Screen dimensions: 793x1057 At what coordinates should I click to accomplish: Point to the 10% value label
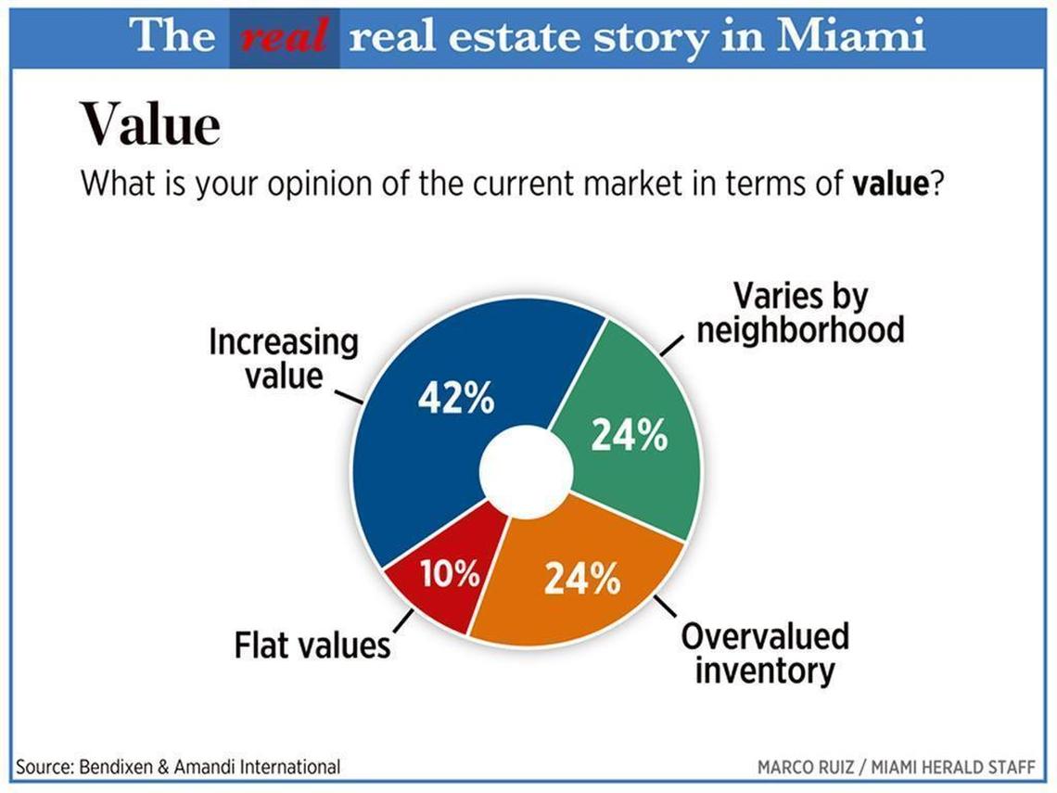click(450, 575)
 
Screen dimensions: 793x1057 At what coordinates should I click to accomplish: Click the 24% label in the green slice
click(630, 434)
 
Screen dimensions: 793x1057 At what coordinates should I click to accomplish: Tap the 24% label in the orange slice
click(582, 580)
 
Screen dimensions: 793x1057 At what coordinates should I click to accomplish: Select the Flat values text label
click(312, 645)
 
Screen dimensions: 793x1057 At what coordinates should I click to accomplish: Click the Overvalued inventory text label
click(765, 653)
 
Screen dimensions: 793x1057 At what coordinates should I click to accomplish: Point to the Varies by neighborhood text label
click(800, 313)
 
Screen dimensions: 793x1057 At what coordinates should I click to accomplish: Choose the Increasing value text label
click(283, 358)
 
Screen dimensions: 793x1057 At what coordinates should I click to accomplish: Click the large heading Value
click(150, 123)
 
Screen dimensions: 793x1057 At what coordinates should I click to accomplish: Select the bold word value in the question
click(889, 183)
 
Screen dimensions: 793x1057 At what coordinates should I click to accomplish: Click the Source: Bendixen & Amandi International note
click(178, 767)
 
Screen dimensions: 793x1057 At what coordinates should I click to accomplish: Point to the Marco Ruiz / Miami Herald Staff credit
click(896, 768)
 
